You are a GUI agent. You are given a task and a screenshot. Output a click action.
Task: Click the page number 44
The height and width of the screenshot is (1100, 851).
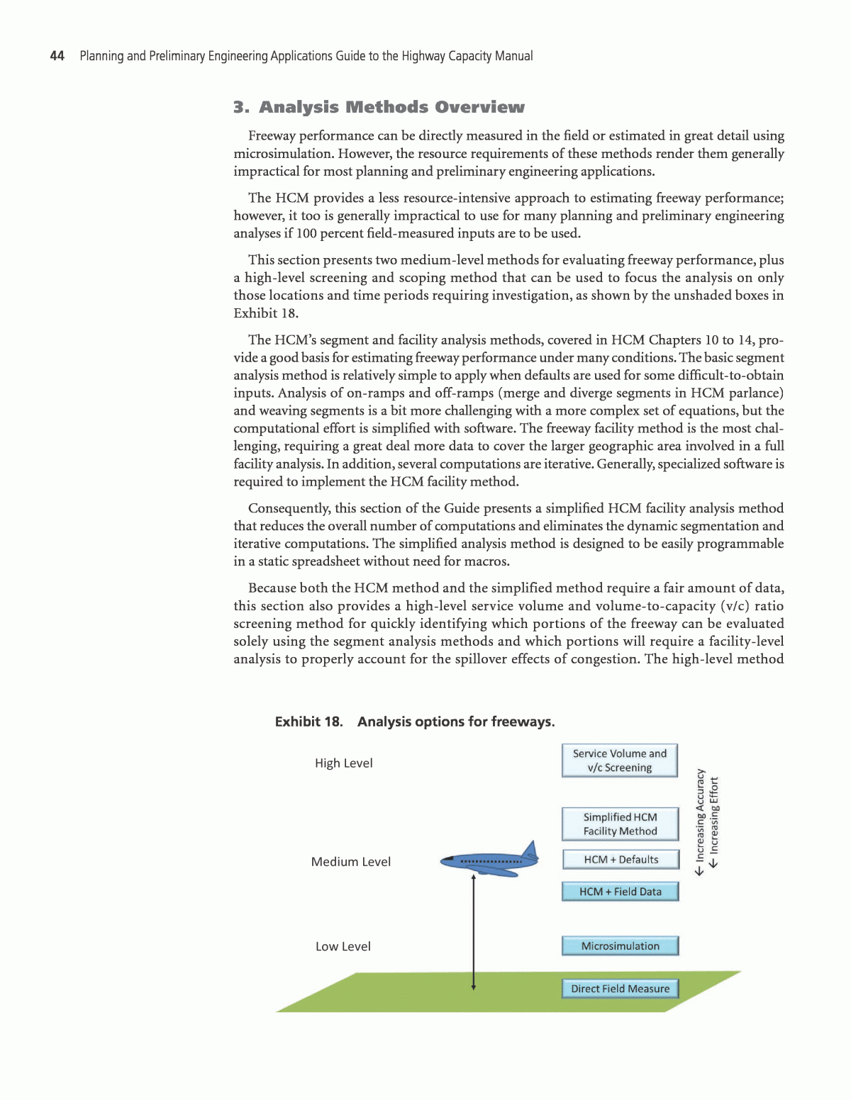[57, 56]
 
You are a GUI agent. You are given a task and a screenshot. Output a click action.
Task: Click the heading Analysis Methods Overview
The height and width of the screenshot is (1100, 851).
[379, 107]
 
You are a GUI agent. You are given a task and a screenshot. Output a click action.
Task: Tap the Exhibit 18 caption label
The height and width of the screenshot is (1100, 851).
[308, 722]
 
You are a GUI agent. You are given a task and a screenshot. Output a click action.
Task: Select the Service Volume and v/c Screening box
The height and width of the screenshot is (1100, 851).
[619, 761]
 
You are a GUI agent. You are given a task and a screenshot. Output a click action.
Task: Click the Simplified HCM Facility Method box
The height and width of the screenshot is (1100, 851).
[620, 824]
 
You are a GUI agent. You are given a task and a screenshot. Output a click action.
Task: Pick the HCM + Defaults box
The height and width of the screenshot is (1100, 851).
[621, 860]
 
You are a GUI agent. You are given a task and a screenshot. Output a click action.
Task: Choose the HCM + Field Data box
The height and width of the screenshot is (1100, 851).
[620, 892]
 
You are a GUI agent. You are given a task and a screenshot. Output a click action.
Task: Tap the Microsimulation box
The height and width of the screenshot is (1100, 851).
[620, 946]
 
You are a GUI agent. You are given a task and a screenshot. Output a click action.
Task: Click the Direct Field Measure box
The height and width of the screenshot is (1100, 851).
[620, 989]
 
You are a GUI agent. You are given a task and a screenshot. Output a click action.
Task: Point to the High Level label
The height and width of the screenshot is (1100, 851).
[344, 763]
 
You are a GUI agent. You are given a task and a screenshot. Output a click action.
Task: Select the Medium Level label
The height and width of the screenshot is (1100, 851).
[351, 862]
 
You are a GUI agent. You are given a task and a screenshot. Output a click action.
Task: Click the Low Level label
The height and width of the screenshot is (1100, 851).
[343, 947]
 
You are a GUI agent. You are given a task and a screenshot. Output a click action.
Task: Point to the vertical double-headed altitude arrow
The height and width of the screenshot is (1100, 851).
[473, 932]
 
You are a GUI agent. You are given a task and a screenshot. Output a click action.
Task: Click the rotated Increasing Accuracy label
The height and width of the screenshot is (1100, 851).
[700, 822]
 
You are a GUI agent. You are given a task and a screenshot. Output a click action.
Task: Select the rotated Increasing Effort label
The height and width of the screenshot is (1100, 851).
[714, 822]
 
